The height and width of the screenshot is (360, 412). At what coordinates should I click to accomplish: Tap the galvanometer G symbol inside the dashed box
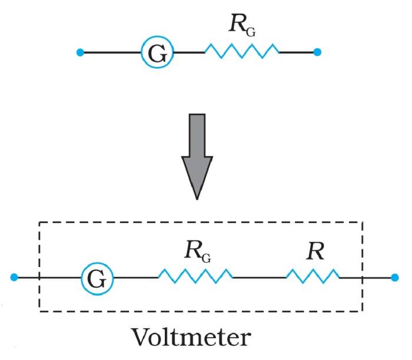97,277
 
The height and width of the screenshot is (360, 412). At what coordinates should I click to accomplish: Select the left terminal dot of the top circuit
81,53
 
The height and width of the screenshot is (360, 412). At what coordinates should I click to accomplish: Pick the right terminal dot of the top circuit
318,53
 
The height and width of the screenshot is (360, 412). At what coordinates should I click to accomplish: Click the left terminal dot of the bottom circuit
15,277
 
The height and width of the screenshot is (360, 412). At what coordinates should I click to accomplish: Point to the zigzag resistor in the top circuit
242,52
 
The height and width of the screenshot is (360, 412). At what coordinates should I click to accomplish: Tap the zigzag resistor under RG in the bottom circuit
195,276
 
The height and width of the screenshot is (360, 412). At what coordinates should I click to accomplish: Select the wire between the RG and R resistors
260,277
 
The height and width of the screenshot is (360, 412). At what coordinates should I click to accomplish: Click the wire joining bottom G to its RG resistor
136,277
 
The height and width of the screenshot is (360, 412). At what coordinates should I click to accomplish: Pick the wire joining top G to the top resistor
189,53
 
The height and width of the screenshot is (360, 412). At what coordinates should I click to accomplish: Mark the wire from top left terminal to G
112,53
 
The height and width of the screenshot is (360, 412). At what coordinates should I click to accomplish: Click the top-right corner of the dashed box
362,222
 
